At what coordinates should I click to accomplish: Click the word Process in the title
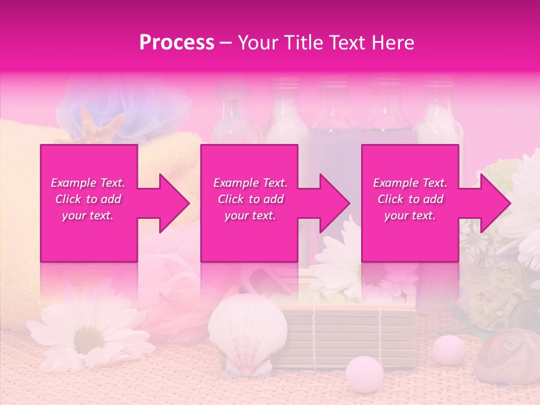coord(177,43)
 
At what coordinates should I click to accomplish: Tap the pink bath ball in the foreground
coord(364,372)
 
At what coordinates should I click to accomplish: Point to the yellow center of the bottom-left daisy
coord(89,339)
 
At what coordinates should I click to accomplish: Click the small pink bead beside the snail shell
coord(448,349)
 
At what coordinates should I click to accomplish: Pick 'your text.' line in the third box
coord(410,215)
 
